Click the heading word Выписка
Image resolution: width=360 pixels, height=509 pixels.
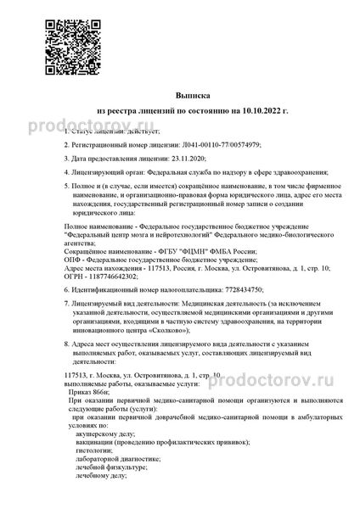pos(180,97)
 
